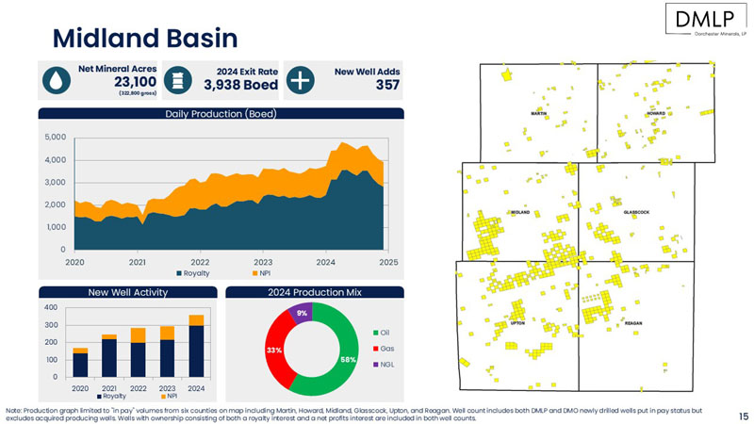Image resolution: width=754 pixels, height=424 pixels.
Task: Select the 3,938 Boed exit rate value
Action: [x=240, y=85]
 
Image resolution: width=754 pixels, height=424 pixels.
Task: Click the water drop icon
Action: [x=57, y=80]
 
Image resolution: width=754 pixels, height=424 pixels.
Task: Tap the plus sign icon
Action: [x=299, y=80]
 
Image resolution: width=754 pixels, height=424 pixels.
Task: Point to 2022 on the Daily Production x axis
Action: [x=200, y=261]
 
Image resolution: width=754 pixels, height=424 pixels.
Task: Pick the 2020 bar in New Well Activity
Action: [x=80, y=363]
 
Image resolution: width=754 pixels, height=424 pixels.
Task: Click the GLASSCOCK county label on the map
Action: [x=636, y=212]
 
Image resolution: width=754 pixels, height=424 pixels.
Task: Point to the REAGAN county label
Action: [x=633, y=323]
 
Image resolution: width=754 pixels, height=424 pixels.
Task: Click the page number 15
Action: [x=743, y=414]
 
